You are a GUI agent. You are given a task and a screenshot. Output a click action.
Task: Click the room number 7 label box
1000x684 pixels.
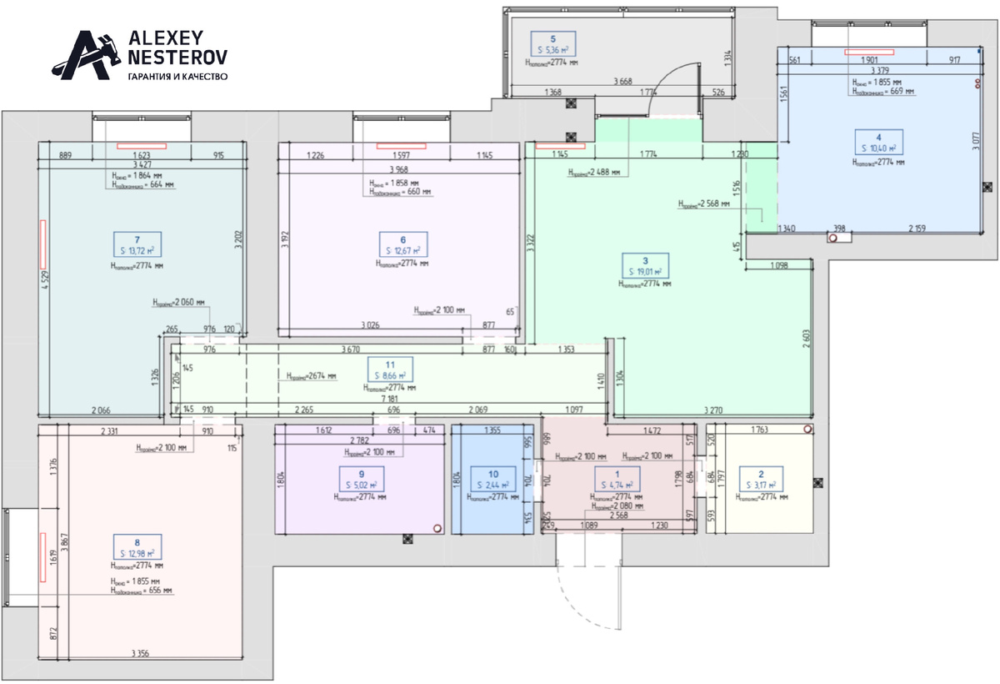(137, 244)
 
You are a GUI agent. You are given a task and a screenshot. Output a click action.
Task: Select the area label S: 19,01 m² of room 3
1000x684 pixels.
(646, 271)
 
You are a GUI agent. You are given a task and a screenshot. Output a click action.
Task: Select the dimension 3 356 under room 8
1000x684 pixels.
(146, 653)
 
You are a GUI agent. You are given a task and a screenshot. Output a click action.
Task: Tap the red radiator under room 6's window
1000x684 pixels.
(402, 147)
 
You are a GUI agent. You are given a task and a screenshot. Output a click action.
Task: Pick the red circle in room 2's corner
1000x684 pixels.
(807, 429)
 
